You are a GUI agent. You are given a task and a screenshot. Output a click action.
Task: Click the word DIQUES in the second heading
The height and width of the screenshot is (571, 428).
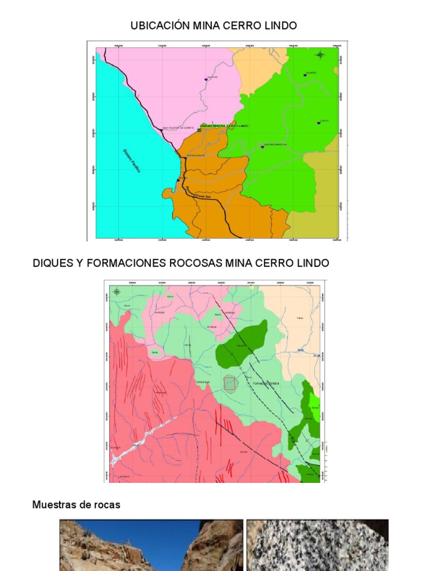pos(52,263)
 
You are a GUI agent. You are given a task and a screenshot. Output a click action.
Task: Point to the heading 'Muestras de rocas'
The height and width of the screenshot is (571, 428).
pos(76,505)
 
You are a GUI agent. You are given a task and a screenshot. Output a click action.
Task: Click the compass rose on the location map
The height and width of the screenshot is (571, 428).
pos(320,55)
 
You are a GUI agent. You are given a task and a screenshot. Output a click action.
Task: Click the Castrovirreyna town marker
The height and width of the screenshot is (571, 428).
pos(262,147)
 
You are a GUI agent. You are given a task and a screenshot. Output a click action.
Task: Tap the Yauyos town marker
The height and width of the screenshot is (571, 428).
pos(206,79)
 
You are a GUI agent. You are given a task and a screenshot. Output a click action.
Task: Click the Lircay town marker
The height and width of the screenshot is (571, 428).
pos(319,123)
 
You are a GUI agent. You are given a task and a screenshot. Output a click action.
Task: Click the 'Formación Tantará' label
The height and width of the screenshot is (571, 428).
pos(266,384)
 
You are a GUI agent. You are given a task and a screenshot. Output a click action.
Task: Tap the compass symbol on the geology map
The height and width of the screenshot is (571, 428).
pos(116,291)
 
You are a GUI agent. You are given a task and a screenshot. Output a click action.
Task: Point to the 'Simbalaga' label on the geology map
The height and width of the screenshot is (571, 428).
pos(201,382)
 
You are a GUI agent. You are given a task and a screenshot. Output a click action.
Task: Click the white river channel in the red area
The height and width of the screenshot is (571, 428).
pos(134,441)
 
